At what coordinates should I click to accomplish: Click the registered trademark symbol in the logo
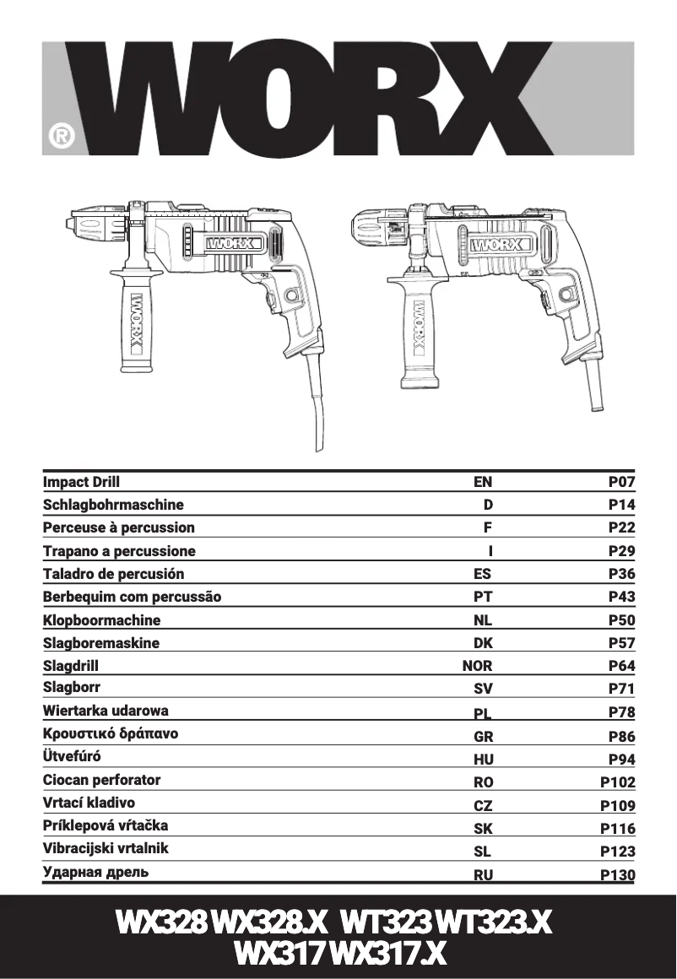click(x=62, y=136)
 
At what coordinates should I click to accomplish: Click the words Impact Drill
click(x=81, y=482)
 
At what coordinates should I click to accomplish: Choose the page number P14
click(x=621, y=506)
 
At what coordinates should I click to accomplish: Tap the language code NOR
click(x=477, y=666)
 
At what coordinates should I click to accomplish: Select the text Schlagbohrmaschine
click(x=113, y=505)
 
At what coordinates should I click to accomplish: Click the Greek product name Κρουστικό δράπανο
click(x=111, y=733)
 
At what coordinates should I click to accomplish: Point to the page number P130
click(x=618, y=875)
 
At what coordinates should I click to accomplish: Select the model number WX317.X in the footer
click(x=388, y=954)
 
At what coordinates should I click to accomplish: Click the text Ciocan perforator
click(x=101, y=780)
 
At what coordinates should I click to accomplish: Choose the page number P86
click(x=621, y=736)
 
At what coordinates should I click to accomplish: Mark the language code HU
click(x=483, y=760)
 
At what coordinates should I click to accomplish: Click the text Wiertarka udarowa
click(x=106, y=711)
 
